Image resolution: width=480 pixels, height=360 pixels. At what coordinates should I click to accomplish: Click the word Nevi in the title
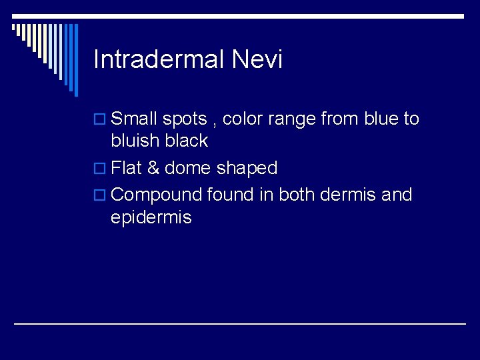pos(257,60)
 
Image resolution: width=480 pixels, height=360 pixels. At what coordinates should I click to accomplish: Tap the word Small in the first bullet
pos(134,119)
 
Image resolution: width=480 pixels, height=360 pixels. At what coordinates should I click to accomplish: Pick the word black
pos(186,141)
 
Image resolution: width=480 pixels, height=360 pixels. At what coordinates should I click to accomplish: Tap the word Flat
pos(127,168)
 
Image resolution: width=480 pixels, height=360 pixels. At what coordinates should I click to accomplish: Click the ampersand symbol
pos(153,168)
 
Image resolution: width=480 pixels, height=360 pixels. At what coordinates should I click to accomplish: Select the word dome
pos(187,168)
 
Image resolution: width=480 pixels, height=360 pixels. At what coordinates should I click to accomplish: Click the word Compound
pos(157,196)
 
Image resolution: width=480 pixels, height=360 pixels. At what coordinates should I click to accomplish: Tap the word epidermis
pos(151,218)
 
